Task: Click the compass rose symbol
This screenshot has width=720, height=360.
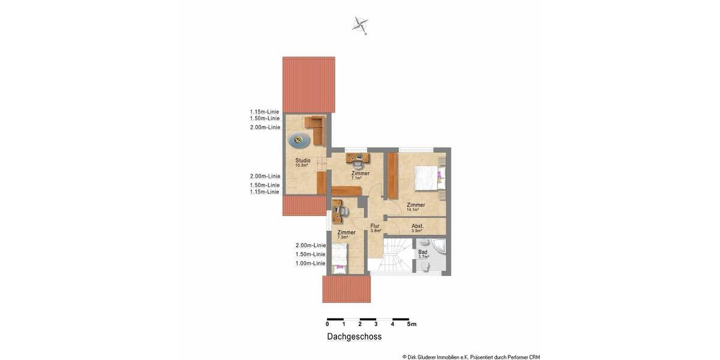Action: point(360,25)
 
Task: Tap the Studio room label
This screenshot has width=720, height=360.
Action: point(302,160)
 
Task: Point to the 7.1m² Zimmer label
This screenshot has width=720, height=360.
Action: point(360,173)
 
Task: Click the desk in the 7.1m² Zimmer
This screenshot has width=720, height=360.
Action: point(358,158)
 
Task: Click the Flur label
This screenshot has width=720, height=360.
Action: point(375,226)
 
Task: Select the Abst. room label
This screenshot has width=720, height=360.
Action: point(418,226)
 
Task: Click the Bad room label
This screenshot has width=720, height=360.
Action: point(423,252)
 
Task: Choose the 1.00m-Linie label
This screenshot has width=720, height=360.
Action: point(310,263)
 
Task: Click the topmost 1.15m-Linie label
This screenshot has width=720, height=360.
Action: point(265,112)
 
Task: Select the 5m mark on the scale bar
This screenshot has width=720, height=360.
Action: point(411,324)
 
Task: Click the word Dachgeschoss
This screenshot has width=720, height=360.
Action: point(354,337)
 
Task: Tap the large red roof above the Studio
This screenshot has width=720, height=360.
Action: point(308,83)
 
